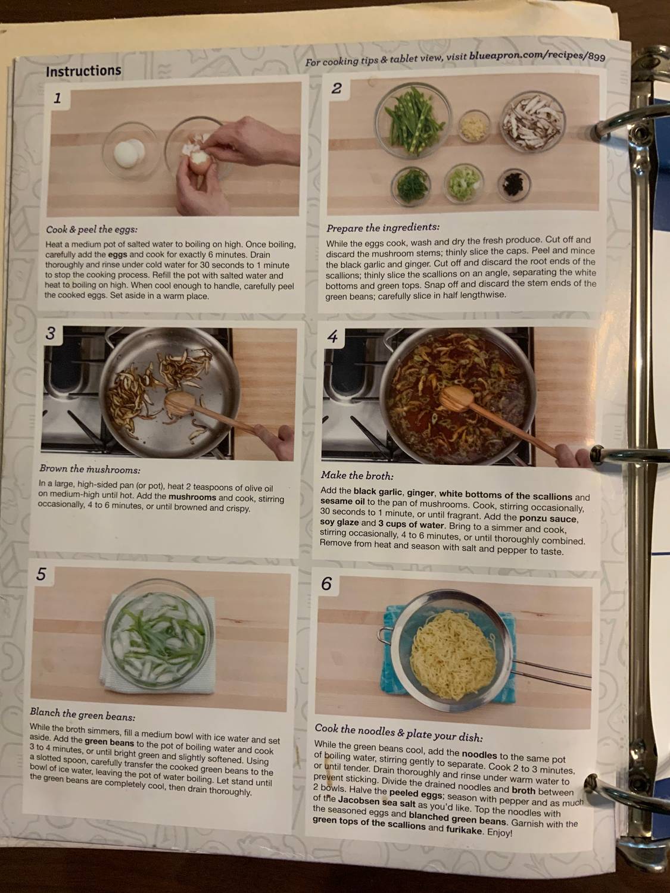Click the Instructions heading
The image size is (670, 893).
pyautogui.click(x=83, y=71)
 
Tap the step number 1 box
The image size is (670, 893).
pyautogui.click(x=57, y=98)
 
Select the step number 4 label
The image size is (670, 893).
pyautogui.click(x=332, y=338)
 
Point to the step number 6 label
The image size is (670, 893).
pyautogui.click(x=326, y=583)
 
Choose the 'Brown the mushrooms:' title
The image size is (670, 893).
pyautogui.click(x=89, y=469)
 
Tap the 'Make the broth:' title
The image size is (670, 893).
pyautogui.click(x=357, y=476)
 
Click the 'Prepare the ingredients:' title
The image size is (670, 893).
pyautogui.click(x=383, y=227)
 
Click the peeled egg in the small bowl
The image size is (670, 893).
pyautogui.click(x=126, y=149)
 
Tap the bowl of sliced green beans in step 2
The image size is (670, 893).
pyautogui.click(x=417, y=121)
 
